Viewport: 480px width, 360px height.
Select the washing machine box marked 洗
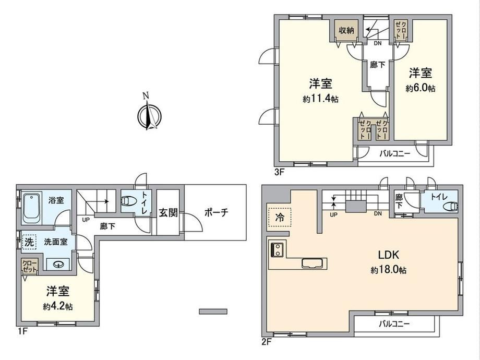29,243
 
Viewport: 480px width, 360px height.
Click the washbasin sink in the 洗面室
58,264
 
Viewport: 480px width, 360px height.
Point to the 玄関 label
168,212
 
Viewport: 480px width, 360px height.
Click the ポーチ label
216,212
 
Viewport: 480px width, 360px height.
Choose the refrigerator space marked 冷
279,217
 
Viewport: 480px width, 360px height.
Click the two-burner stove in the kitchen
278,249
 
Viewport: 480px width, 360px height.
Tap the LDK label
388,255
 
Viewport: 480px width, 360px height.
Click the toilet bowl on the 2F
450,207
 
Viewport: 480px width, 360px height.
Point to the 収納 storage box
346,30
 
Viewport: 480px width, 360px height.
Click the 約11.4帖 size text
320,99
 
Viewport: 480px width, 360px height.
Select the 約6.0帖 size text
421,89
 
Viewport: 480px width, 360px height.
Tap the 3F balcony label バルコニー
395,153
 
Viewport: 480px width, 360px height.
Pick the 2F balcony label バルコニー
394,323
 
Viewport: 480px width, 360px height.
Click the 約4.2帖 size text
57,306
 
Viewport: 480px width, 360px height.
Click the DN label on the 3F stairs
378,43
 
